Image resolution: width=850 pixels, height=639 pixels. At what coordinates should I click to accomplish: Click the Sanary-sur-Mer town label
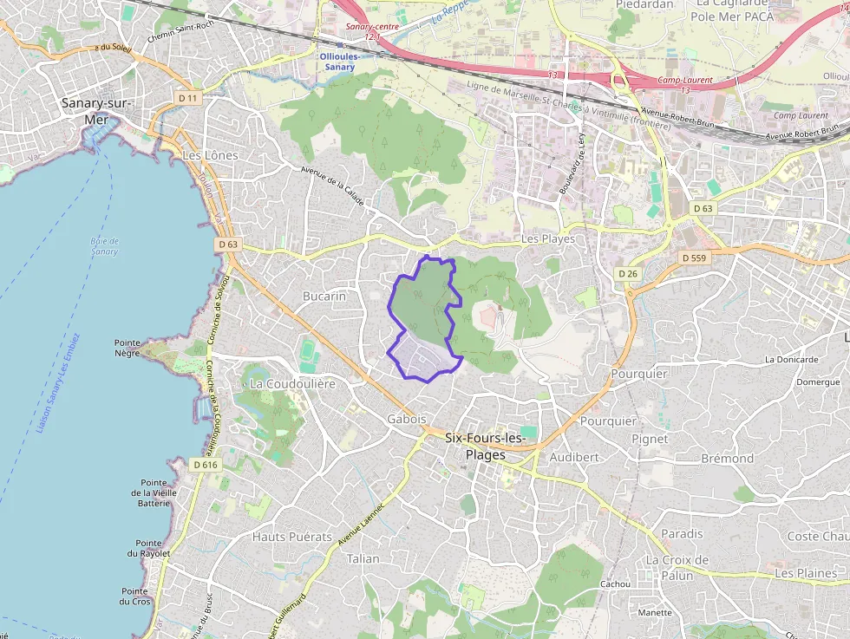[95, 111]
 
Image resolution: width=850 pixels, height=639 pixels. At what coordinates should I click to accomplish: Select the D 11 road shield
[187, 98]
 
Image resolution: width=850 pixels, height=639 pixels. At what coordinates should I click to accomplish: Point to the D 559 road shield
[695, 258]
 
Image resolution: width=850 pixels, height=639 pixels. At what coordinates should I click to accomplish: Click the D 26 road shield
[627, 273]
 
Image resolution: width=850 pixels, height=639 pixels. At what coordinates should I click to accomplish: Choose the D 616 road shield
[206, 465]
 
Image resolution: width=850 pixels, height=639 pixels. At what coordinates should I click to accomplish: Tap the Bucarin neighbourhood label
[324, 296]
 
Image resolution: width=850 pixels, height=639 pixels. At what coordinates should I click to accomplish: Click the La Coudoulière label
[292, 382]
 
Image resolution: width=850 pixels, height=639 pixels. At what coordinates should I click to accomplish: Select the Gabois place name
[407, 418]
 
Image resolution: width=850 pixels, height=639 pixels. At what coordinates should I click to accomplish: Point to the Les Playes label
[548, 238]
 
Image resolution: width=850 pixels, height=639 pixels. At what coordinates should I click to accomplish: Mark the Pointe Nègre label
[127, 347]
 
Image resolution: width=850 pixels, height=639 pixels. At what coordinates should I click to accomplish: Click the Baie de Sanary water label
[104, 246]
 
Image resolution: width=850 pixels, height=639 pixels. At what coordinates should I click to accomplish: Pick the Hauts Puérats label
[292, 537]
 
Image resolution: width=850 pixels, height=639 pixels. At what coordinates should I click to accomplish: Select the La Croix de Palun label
[677, 567]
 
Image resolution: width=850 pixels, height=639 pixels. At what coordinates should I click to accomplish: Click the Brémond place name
[727, 458]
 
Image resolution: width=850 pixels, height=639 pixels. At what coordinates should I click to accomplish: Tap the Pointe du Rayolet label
[153, 547]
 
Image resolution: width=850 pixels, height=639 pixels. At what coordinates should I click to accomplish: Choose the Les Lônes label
[210, 155]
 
